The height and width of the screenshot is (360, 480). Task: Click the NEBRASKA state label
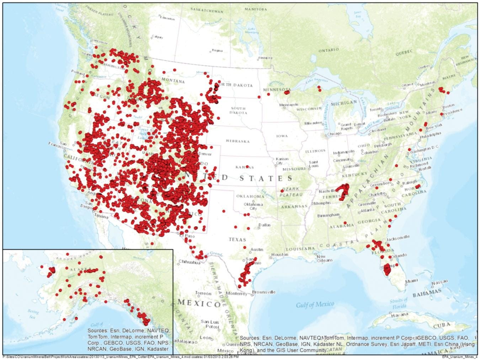click(x=238, y=141)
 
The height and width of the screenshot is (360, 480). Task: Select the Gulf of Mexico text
click(x=315, y=304)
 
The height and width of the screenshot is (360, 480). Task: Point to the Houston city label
click(x=279, y=254)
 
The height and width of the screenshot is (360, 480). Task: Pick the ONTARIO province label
click(x=328, y=50)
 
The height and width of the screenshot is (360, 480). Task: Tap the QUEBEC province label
click(x=405, y=52)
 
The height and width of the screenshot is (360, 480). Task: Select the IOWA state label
click(x=282, y=136)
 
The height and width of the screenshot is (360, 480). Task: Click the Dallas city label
click(x=264, y=225)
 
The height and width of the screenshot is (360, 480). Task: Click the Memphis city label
click(x=322, y=203)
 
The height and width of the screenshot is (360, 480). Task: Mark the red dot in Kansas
click(x=247, y=167)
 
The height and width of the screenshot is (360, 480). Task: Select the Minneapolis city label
click(x=288, y=105)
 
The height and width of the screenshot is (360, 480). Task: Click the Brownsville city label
click(x=263, y=292)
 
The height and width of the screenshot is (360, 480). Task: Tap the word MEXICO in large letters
click(x=199, y=303)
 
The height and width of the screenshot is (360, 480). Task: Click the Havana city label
click(x=400, y=315)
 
